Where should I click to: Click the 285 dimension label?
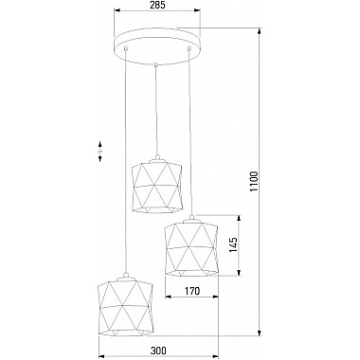point(157,5)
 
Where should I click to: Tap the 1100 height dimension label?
point(254,182)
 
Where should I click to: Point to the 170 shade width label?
point(192,290)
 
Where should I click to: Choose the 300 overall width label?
point(158,351)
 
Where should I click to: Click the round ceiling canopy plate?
point(157,46)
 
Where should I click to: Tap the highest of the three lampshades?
point(157,186)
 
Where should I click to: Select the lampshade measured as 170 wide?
point(191,247)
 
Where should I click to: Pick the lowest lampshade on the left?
point(126,306)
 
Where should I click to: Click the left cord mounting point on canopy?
point(126,48)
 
